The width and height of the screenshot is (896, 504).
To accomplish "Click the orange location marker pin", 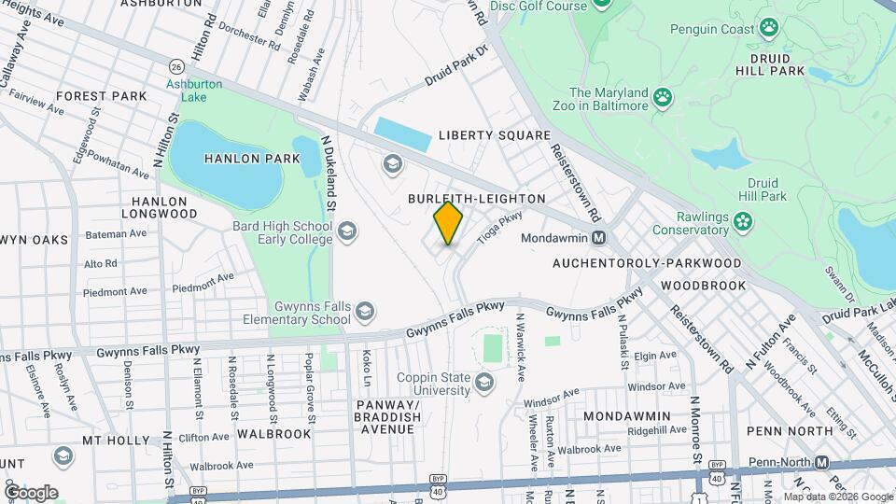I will click(448, 223).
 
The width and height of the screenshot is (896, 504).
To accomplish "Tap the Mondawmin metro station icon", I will click(598, 238).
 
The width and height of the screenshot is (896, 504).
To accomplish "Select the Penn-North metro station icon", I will click(821, 462).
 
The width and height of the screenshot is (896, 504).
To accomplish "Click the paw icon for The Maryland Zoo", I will click(663, 97).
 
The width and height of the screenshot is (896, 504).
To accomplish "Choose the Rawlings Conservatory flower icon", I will click(742, 221).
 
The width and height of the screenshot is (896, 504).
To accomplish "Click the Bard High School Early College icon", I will click(347, 231).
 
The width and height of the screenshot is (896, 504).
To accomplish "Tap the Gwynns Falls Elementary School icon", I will click(365, 312).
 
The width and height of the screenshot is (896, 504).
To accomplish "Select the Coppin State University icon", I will click(484, 381).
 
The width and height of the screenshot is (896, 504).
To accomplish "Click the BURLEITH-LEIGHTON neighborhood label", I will click(476, 199).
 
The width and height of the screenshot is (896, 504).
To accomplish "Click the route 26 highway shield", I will click(175, 65).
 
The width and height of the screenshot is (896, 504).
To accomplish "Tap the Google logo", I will click(31, 492).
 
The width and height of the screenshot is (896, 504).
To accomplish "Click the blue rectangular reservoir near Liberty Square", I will click(402, 134).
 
